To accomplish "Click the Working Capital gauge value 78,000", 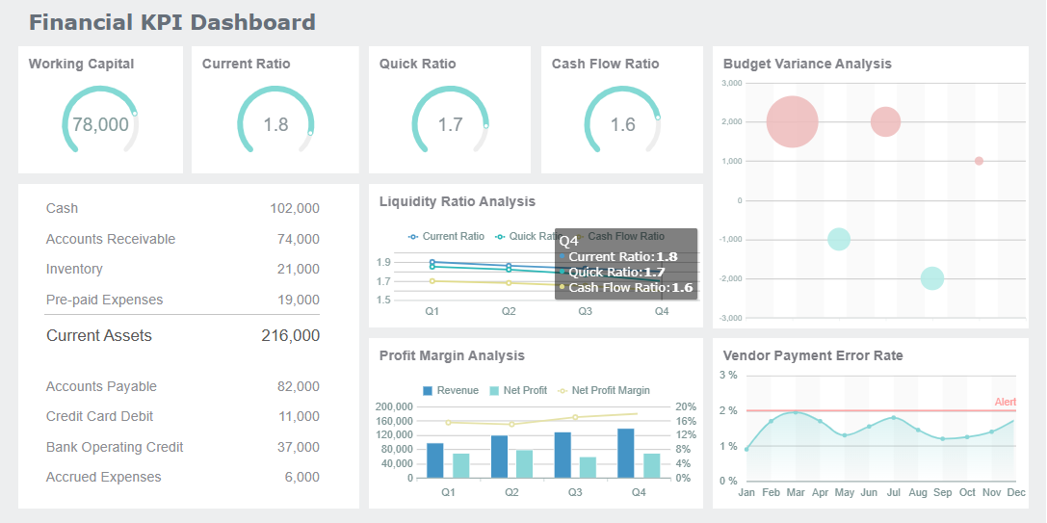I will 100,124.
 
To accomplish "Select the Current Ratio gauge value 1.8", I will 275,124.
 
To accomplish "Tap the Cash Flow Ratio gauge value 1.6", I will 622,124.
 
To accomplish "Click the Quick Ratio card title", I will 417,64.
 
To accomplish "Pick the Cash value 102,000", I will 294,208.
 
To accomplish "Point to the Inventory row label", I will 74,269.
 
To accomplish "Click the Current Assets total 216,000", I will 290,336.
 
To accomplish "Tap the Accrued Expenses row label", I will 103,477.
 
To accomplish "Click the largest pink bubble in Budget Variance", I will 792,122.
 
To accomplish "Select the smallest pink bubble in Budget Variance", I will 979,161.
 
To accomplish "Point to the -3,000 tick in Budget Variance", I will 731,318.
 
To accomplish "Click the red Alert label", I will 1005,402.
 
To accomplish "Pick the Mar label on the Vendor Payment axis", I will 796,492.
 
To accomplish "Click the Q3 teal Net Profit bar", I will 588,467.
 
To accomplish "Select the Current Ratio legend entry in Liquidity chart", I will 446,236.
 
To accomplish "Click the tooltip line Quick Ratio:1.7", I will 616,273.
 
